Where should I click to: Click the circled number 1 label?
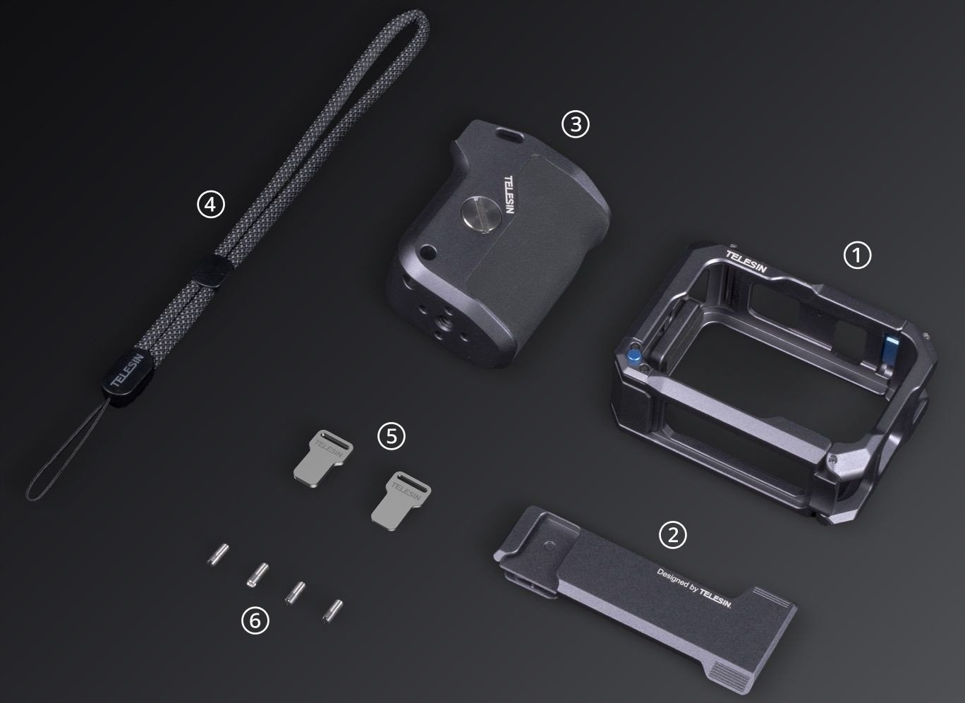(x=857, y=256)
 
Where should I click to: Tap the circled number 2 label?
(x=673, y=535)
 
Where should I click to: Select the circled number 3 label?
(x=575, y=124)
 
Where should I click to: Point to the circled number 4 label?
(x=211, y=204)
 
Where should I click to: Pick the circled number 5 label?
(x=392, y=436)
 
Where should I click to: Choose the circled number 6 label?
(x=255, y=621)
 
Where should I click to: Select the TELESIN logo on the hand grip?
(x=510, y=194)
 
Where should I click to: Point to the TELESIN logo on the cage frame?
(x=746, y=261)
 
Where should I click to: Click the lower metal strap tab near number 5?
(x=401, y=501)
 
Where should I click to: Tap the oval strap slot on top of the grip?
(x=509, y=134)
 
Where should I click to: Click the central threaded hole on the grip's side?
(x=442, y=320)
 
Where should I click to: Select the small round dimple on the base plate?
(x=550, y=547)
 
